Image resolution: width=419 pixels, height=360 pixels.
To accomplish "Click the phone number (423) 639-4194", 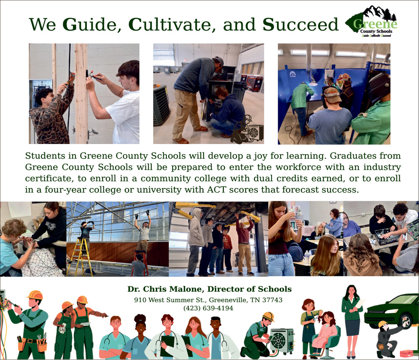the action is click(208, 308).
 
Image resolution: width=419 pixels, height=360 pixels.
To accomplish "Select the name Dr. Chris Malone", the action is click(166, 289).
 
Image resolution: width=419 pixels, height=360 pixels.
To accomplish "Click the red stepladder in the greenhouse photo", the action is click(142, 263).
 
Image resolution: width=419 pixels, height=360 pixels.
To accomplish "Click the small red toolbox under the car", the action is click(407, 354).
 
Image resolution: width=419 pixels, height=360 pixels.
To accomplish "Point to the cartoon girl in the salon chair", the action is click(325, 330).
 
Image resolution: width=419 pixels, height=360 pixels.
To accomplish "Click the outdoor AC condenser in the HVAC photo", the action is click(161, 105).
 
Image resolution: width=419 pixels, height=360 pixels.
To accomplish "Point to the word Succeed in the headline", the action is click(300, 25).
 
